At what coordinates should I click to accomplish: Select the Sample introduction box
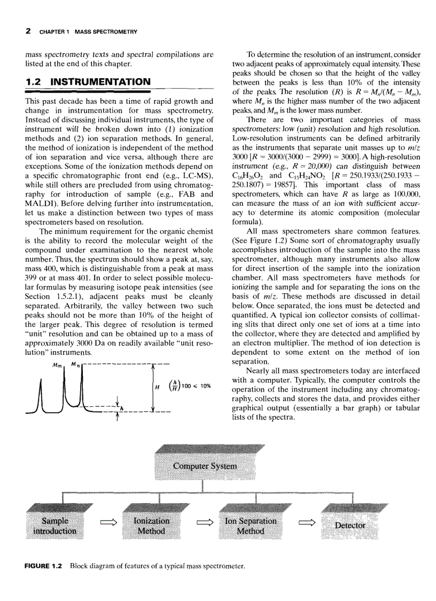point(55,525)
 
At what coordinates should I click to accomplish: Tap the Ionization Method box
point(151,525)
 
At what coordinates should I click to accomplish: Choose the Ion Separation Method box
point(251,525)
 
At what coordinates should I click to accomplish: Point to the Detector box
point(350,525)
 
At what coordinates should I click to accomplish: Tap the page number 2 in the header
point(28,32)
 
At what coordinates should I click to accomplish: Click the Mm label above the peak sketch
point(55,365)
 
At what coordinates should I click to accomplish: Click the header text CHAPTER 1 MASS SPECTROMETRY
point(88,32)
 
